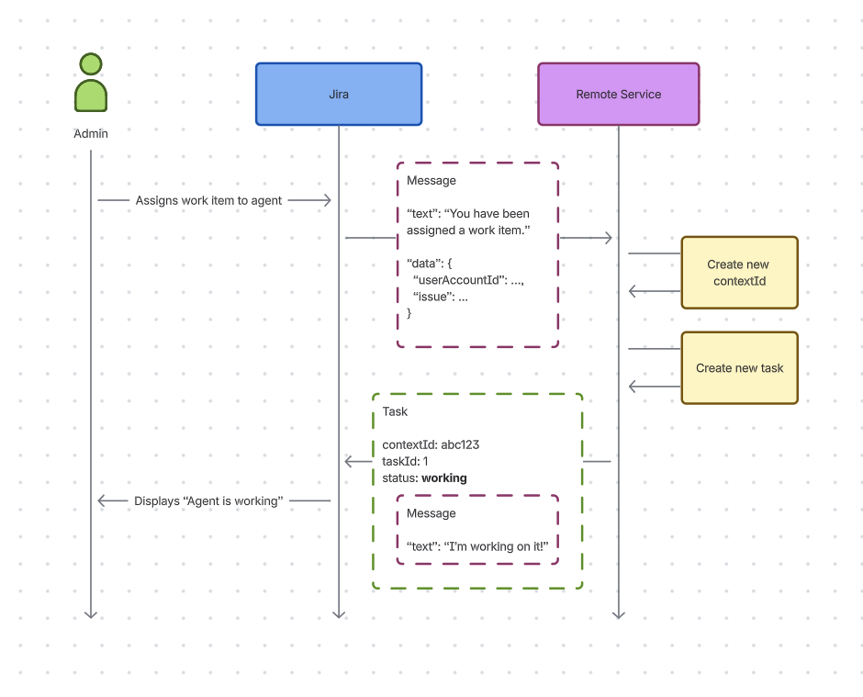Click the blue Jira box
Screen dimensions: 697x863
(x=338, y=94)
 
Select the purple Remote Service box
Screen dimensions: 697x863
(x=618, y=94)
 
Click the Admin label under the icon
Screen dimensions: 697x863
(x=90, y=134)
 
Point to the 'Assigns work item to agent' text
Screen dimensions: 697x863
(x=208, y=200)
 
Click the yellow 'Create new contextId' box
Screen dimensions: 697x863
(x=739, y=273)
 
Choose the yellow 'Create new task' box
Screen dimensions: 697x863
(x=739, y=368)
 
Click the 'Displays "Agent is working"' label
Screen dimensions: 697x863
(x=207, y=501)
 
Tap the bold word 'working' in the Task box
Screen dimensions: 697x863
(x=444, y=478)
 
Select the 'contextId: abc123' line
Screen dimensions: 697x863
(x=431, y=445)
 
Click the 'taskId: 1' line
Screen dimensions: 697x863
(x=405, y=462)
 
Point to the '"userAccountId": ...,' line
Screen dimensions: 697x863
(x=468, y=280)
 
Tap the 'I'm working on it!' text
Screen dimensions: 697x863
(x=497, y=546)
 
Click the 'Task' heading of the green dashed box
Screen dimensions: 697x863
(x=395, y=412)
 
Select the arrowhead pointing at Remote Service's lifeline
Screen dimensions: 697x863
(x=608, y=238)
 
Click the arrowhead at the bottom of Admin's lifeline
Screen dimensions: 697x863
(x=90, y=613)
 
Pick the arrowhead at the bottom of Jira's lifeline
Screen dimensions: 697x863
(x=338, y=613)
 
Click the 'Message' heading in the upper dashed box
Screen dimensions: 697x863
(x=431, y=181)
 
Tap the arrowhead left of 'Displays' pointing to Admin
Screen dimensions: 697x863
(x=102, y=500)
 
